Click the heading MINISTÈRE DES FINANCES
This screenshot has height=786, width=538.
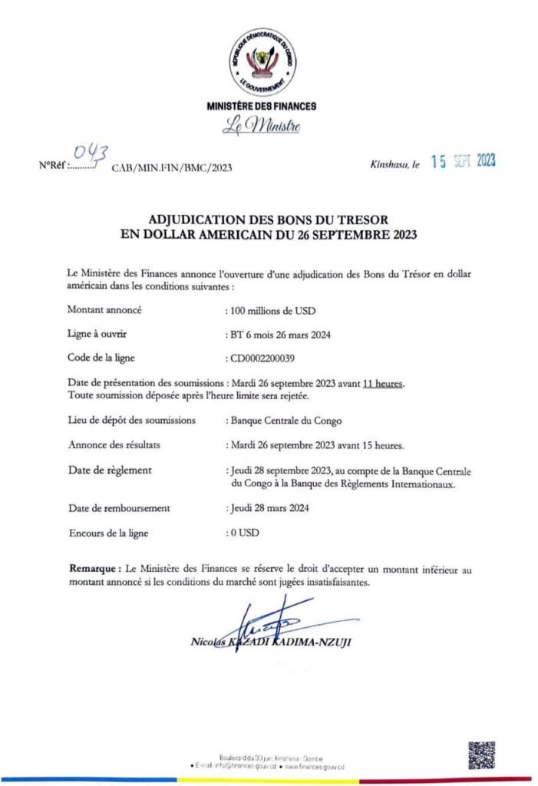click(261, 106)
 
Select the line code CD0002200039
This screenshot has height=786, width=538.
click(267, 358)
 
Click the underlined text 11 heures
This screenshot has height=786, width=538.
click(384, 384)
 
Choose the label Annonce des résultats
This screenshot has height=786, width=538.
click(114, 444)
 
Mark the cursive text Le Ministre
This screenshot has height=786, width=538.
click(261, 127)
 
